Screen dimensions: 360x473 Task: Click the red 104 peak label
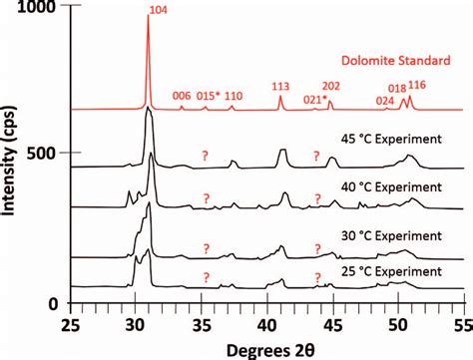158,11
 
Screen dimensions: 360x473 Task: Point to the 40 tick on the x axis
266,324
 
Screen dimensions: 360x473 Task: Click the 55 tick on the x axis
462,324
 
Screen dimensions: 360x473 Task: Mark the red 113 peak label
280,87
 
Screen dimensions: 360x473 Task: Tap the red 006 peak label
182,97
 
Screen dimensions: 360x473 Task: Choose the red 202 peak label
331,87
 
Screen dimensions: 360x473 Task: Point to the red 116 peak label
417,87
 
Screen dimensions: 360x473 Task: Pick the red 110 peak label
234,97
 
